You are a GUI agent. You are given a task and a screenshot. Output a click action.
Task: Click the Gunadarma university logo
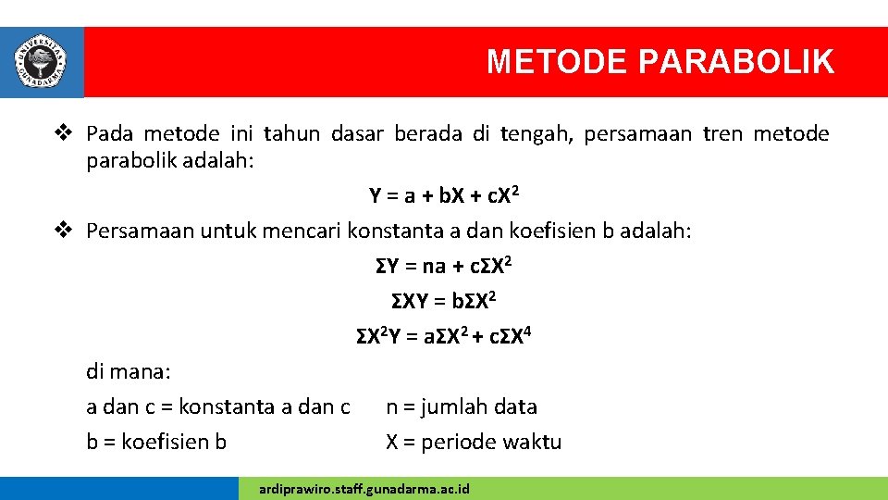click(41, 62)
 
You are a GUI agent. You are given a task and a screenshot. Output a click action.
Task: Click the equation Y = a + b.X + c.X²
click(443, 195)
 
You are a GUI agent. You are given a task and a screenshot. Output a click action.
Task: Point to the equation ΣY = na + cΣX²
click(443, 267)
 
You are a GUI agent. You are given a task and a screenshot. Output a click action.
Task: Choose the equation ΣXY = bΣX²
click(443, 301)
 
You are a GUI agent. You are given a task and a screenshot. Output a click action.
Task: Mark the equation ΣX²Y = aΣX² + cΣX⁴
click(443, 336)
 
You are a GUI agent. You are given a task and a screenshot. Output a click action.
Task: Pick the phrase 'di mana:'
click(129, 372)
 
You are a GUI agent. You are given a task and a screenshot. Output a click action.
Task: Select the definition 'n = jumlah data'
click(461, 406)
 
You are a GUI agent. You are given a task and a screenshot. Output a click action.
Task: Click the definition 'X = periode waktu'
click(473, 442)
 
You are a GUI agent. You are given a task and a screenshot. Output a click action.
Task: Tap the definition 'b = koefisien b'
click(156, 442)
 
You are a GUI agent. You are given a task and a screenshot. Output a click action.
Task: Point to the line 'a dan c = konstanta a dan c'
click(217, 406)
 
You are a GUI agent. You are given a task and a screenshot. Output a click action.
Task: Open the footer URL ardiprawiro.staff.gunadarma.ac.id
click(364, 488)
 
